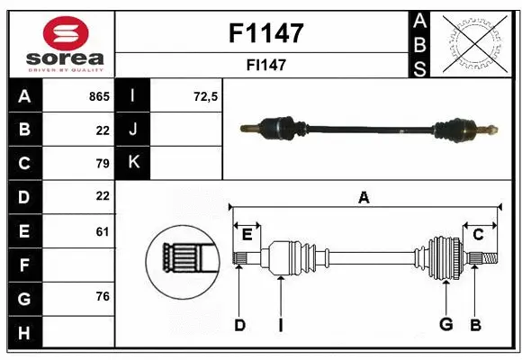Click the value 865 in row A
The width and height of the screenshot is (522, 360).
[x=99, y=95]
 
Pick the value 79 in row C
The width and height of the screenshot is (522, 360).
[x=102, y=163]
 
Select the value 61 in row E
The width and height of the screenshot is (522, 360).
[x=102, y=231]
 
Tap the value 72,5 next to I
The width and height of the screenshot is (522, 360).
[x=206, y=95]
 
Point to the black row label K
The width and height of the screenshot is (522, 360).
[x=133, y=163]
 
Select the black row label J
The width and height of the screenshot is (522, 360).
[x=133, y=130]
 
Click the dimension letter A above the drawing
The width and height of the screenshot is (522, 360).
[x=364, y=197]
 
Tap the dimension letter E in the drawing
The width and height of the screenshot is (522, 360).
[x=247, y=235]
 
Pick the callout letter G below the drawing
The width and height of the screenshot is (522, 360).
[x=445, y=324]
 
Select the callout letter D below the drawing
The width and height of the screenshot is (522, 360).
[x=239, y=324]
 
